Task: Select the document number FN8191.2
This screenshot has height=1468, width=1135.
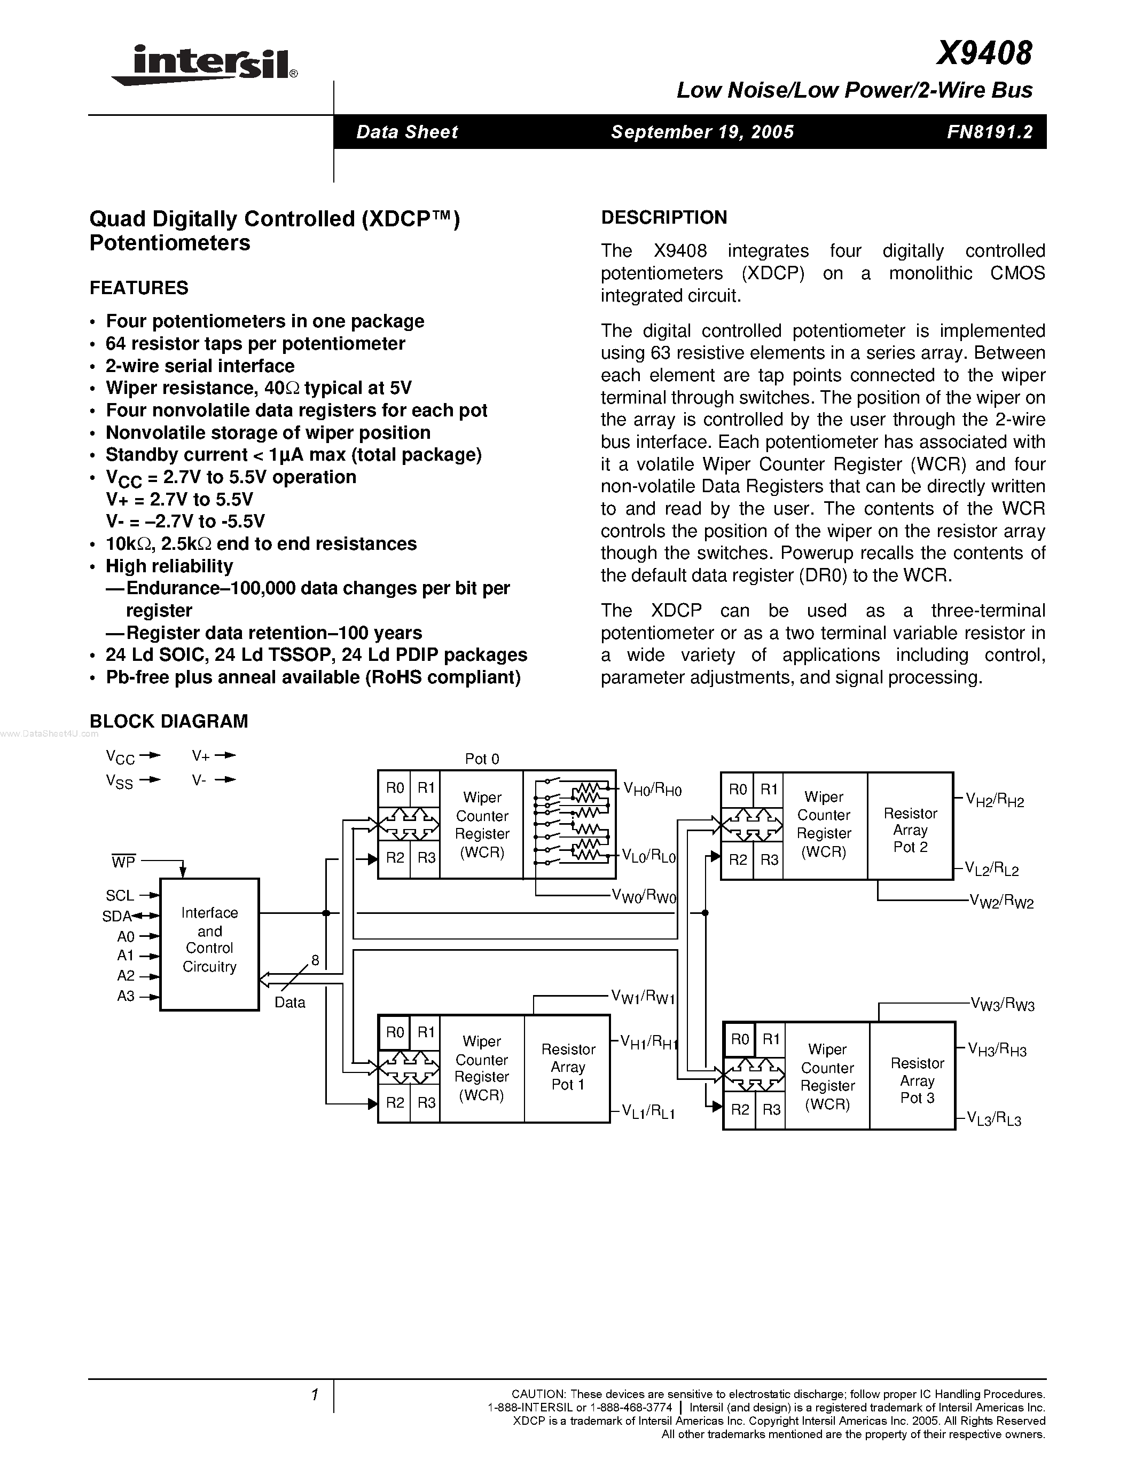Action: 989,132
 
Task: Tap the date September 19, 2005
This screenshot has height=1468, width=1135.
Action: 702,132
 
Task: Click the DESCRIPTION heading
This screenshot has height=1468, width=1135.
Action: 664,218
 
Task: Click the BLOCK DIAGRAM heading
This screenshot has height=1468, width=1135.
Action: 169,721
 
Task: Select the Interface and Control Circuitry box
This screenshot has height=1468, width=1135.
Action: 210,944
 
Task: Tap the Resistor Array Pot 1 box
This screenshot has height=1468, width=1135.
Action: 567,1067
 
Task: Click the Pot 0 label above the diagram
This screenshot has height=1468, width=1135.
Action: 482,759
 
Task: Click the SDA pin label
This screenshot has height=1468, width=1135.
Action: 116,916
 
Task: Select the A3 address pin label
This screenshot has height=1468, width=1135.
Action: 126,996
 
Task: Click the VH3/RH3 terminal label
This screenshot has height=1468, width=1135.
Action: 997,1049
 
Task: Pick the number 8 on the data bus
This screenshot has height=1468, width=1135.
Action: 315,960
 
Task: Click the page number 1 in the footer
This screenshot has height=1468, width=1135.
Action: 314,1395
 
